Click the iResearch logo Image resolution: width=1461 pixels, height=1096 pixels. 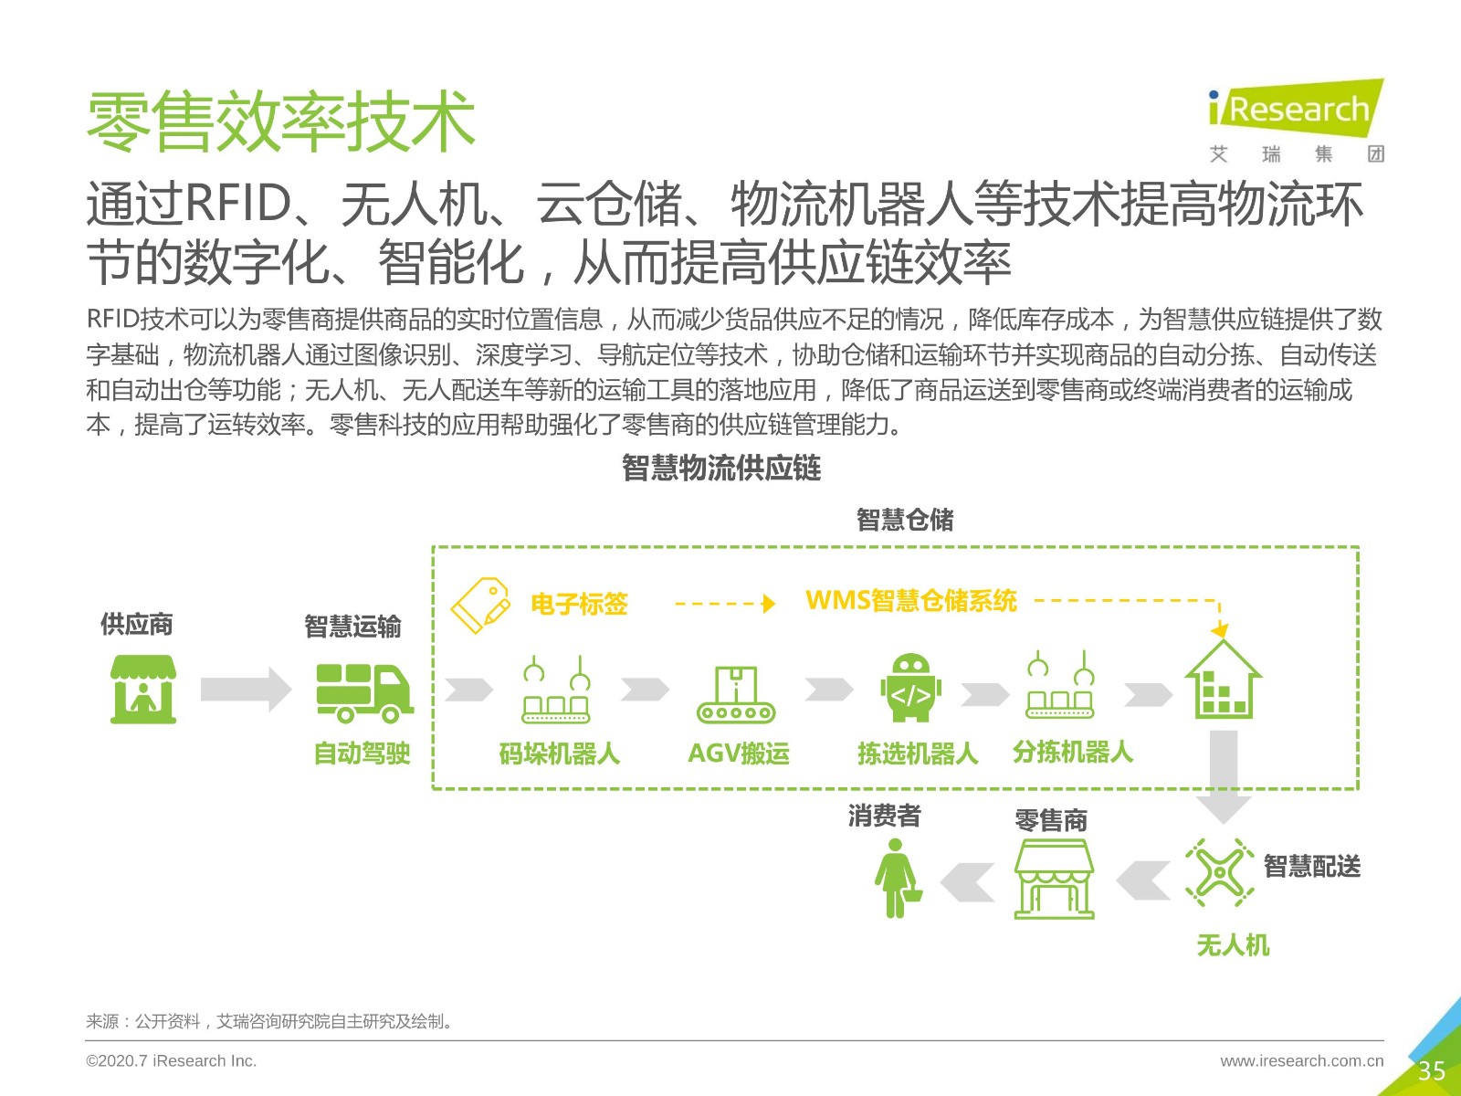(1296, 120)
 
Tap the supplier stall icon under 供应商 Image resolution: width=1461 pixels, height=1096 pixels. (143, 689)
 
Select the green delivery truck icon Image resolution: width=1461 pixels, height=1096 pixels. (364, 692)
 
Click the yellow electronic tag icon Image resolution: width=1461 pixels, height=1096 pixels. (480, 605)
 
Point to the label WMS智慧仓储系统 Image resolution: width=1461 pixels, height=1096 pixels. (910, 601)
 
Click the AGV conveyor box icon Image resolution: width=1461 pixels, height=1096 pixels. (735, 694)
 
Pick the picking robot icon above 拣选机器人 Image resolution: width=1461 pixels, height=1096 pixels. (910, 687)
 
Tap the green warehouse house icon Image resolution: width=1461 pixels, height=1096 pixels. (1223, 680)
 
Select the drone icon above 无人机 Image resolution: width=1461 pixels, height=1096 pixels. (1219, 872)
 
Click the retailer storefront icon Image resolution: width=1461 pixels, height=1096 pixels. (1054, 879)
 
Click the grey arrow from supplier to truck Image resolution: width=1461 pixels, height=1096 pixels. (246, 690)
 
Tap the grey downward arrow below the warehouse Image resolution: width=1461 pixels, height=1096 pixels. (1224, 777)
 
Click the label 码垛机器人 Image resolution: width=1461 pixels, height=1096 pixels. (559, 754)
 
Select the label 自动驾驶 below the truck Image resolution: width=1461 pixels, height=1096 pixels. (362, 753)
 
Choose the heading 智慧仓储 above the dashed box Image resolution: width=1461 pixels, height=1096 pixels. (905, 520)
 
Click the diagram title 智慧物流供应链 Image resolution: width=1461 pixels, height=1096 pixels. (721, 468)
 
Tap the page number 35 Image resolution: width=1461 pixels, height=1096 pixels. (1431, 1070)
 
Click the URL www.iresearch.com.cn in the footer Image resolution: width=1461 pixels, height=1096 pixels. (1301, 1060)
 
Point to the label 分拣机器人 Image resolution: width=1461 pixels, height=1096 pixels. (1072, 753)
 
